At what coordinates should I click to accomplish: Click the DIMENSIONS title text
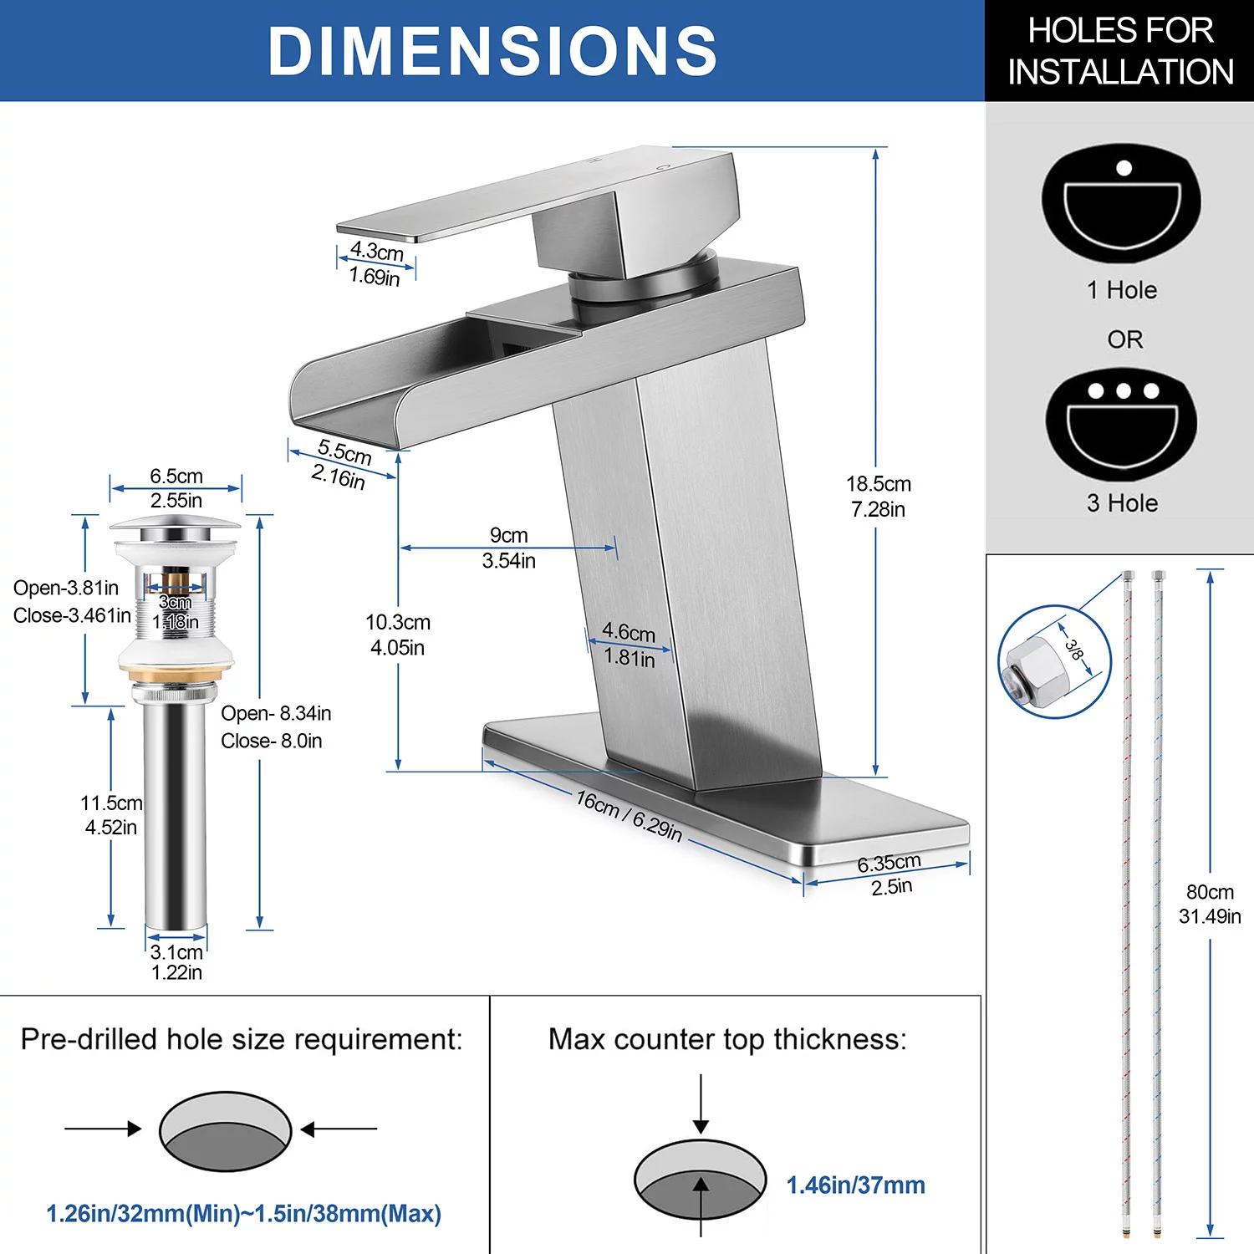click(492, 51)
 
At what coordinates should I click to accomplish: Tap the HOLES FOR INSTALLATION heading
click(1119, 51)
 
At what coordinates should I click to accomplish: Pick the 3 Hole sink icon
click(1121, 424)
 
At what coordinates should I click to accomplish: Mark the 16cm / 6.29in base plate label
click(629, 816)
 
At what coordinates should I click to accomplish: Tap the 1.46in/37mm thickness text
click(855, 1185)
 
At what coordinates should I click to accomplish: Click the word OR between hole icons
click(1124, 339)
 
